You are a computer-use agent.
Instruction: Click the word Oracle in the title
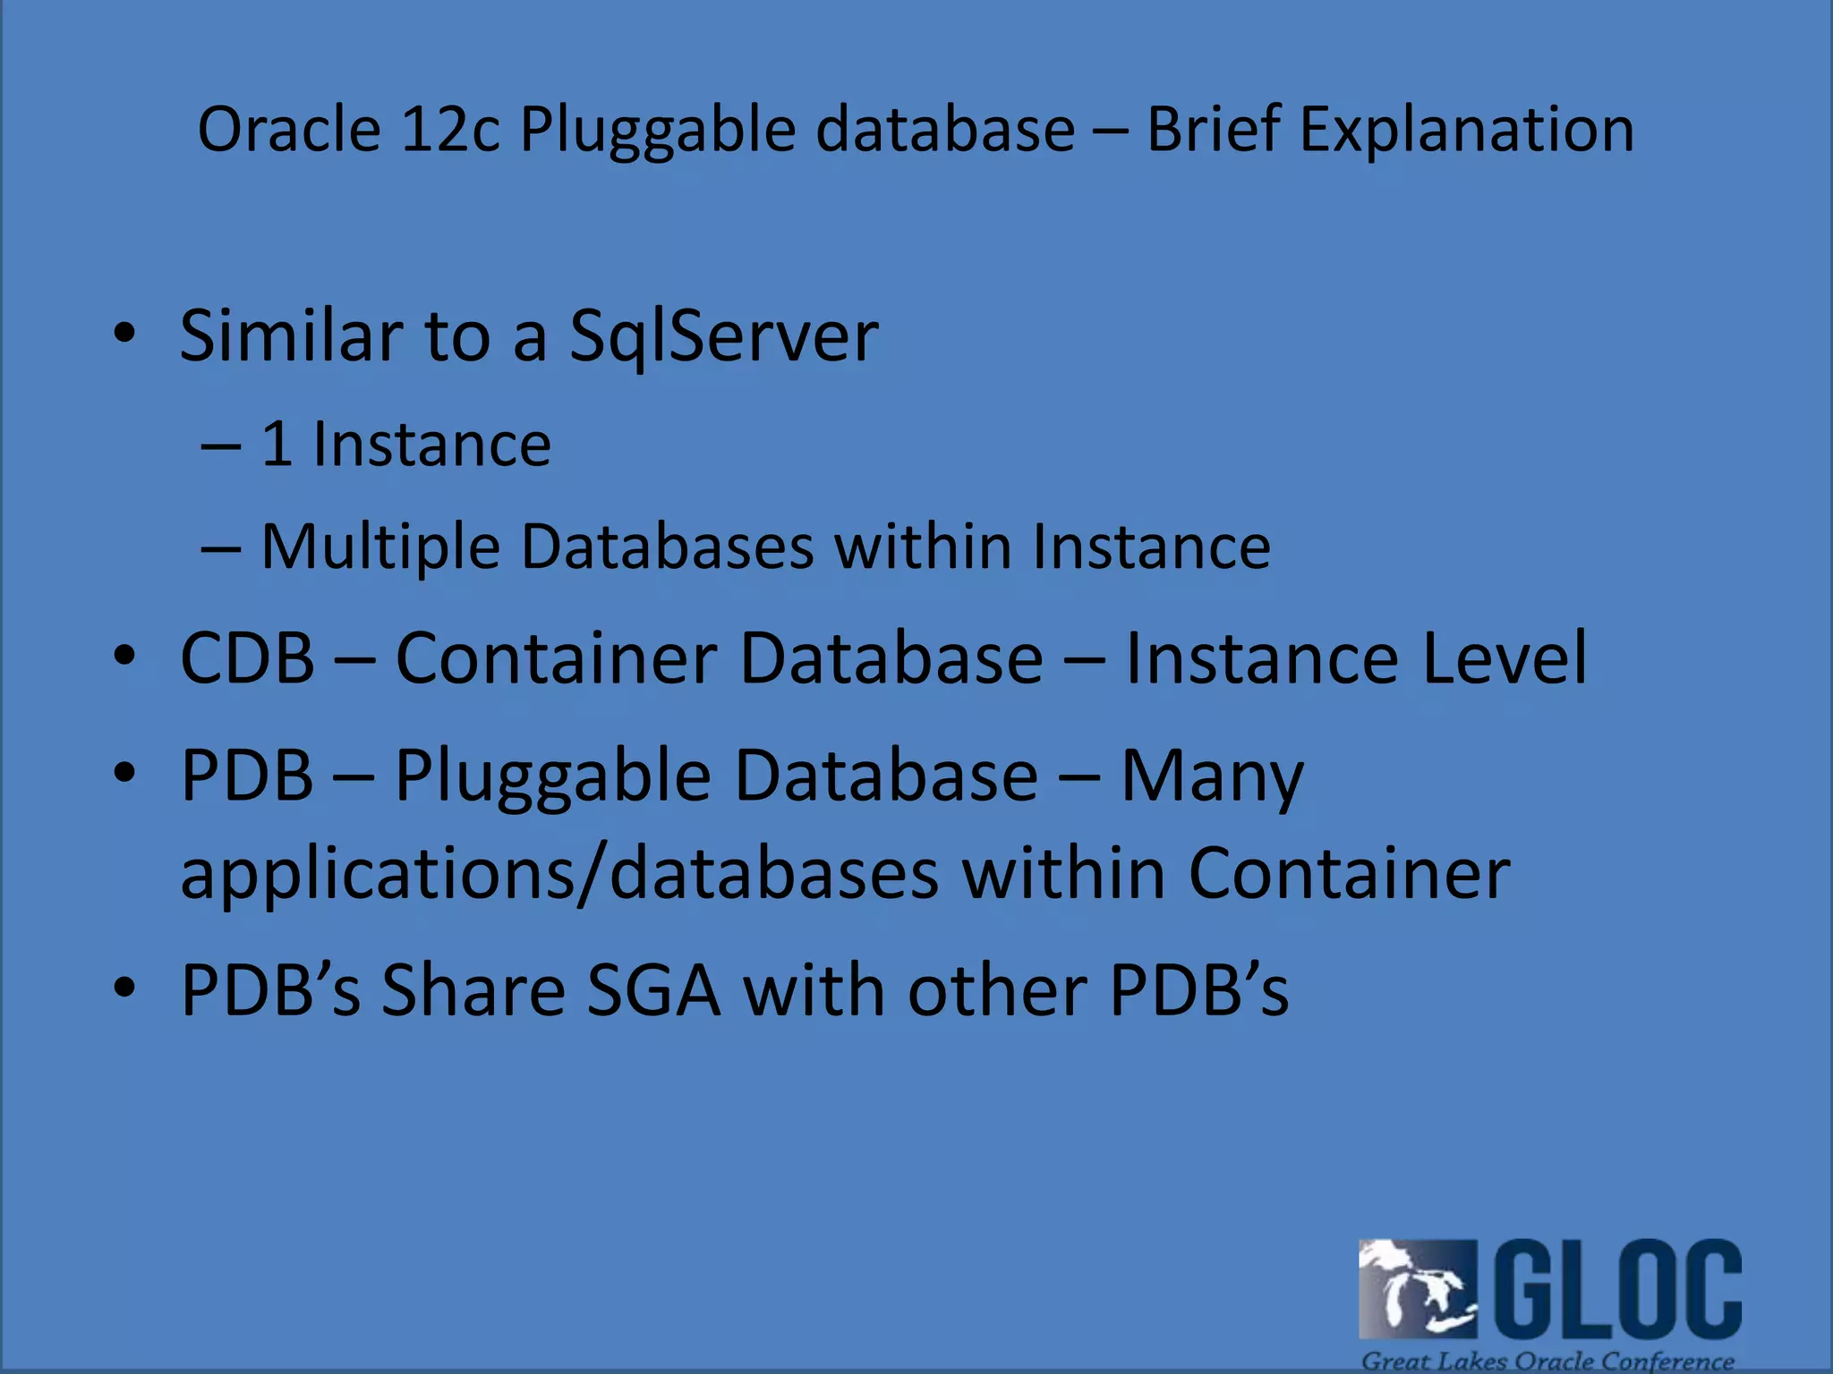coord(289,130)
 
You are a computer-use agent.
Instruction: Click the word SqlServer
coord(723,337)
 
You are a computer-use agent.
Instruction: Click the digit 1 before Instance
coord(277,445)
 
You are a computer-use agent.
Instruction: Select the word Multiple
coord(380,547)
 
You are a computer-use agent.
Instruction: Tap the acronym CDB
coord(248,658)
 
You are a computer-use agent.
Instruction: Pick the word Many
coord(1213,776)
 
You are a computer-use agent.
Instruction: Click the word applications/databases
coord(559,873)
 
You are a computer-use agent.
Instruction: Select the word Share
coord(473,990)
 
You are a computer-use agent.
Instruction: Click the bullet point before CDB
coord(124,656)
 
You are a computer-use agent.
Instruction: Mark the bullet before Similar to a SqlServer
coord(124,334)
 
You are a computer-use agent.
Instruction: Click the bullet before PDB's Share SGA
coord(124,988)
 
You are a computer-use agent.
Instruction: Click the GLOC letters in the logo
coord(1618,1287)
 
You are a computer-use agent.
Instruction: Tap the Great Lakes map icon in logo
coord(1418,1289)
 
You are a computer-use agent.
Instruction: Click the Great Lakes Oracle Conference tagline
coord(1547,1361)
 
